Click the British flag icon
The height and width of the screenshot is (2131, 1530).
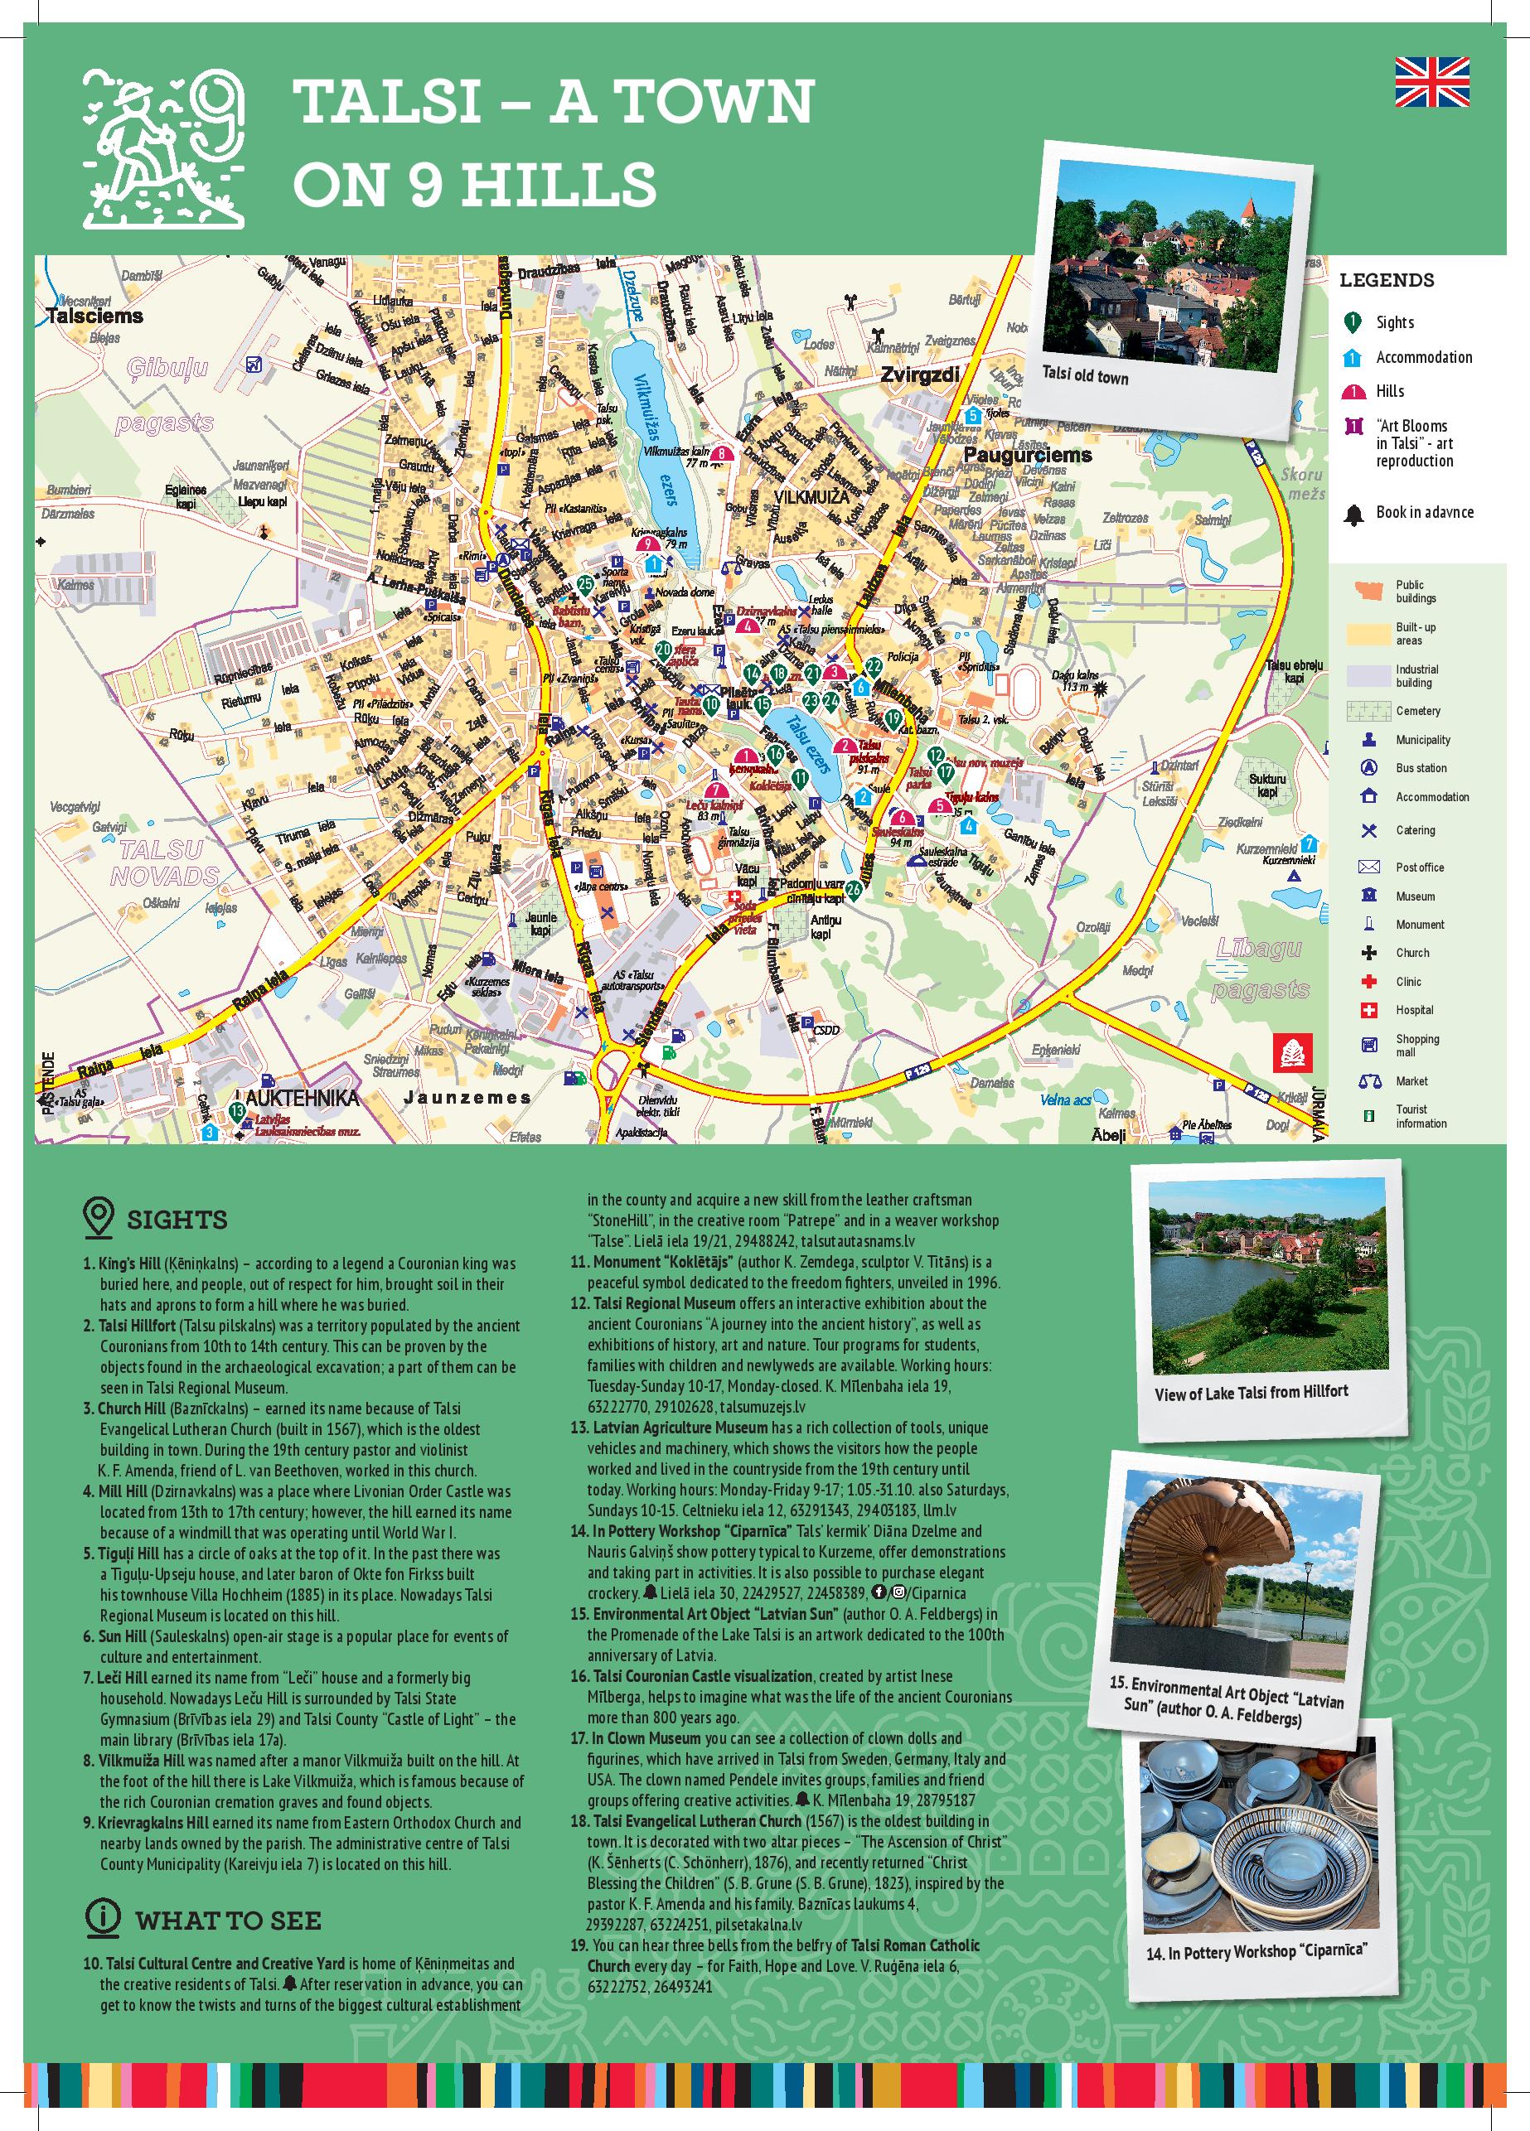coord(1431,82)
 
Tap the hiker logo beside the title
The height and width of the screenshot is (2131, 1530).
coord(164,149)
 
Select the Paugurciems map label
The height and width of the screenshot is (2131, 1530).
coord(1027,455)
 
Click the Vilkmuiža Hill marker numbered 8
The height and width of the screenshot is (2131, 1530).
coord(721,456)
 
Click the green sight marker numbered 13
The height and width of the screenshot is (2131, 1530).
coord(237,1113)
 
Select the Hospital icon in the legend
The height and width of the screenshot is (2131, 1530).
coord(1368,1010)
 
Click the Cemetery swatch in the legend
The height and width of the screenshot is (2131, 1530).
coord(1368,710)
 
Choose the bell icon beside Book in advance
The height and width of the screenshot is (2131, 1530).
coord(1353,514)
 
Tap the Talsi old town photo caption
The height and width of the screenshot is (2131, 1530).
coord(1085,376)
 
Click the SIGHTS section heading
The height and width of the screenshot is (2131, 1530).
coord(177,1220)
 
